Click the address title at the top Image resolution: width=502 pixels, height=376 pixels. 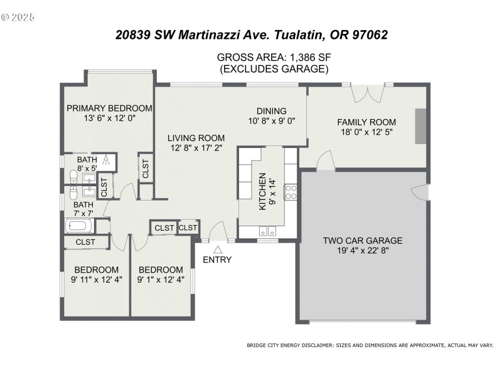[251, 34]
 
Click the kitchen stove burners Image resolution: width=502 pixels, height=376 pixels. [291, 191]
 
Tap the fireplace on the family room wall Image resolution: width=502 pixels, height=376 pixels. [420, 127]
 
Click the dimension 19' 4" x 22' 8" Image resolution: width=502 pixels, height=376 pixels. [363, 251]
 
